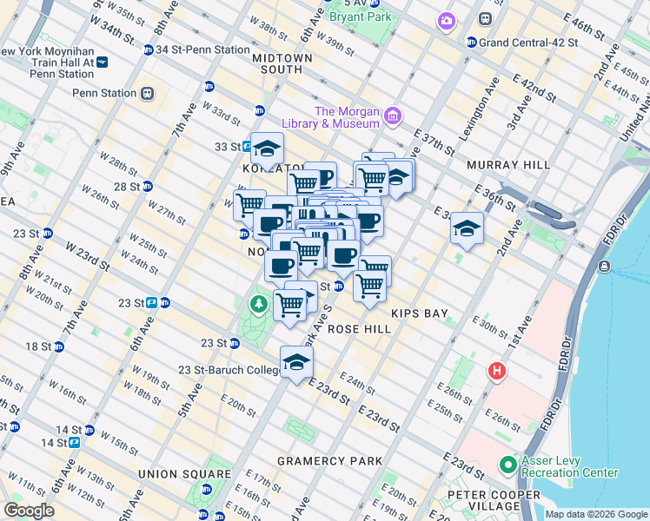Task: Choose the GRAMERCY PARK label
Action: click(322, 460)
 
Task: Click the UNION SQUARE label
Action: click(182, 474)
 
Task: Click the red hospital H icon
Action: click(496, 372)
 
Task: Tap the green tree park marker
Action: click(257, 304)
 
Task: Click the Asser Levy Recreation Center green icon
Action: click(507, 465)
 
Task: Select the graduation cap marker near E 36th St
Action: click(467, 229)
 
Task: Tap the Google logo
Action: click(29, 511)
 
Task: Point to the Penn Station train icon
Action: click(148, 93)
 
